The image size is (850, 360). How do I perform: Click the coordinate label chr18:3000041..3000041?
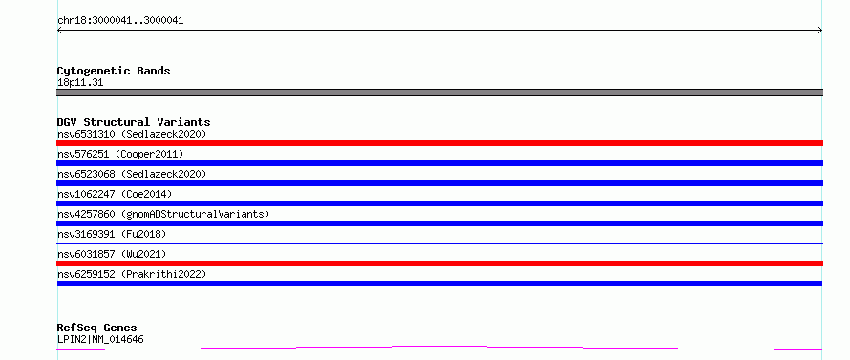click(x=120, y=21)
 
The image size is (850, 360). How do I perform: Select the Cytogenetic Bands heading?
click(x=114, y=71)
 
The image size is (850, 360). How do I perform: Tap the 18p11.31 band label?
click(x=80, y=83)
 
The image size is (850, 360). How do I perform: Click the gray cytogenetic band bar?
click(x=439, y=93)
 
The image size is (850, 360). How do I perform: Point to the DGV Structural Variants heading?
click(x=134, y=122)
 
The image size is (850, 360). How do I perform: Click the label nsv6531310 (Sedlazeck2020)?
click(x=132, y=134)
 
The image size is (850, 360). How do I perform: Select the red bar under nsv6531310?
click(x=439, y=143)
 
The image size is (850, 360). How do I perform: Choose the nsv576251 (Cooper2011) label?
click(x=120, y=154)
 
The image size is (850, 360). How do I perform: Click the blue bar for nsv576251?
click(x=439, y=163)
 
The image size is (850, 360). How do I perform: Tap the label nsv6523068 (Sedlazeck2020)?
click(x=132, y=174)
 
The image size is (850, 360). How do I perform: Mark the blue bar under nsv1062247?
click(x=439, y=203)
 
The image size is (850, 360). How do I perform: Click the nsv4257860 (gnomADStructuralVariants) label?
click(x=163, y=214)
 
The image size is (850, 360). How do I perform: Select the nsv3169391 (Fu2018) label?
click(x=112, y=234)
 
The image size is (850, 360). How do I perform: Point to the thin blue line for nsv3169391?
click(x=439, y=243)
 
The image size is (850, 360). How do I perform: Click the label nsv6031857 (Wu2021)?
click(x=112, y=254)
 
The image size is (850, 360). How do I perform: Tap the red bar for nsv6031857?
click(x=439, y=264)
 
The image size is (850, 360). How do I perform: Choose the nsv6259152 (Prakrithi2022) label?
click(x=132, y=274)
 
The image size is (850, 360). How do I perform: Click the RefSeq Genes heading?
click(x=96, y=328)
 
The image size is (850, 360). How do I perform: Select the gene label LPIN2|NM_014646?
click(x=100, y=339)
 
